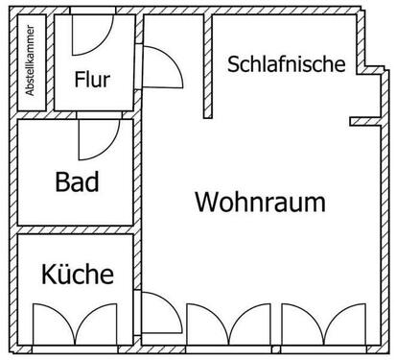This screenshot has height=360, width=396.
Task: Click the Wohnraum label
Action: coord(260,203)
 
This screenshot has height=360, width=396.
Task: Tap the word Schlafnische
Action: coord(286,65)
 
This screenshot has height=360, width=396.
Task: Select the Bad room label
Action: coord(77,181)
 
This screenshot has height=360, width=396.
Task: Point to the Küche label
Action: coord(77,275)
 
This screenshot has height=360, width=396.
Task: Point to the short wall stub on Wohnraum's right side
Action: coord(363,121)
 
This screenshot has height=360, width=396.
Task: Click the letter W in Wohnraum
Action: coord(206,203)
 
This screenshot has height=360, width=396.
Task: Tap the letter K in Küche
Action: coord(49,275)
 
